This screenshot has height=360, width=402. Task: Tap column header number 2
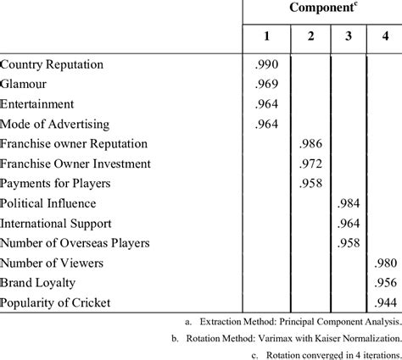coord(310,38)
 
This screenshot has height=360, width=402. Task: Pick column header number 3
coord(348,38)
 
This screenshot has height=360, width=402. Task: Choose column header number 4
coord(383,38)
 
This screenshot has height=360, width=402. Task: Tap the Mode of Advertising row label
coord(61,124)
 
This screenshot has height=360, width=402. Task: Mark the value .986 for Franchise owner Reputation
coord(311,143)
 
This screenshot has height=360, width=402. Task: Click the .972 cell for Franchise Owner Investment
coord(311,163)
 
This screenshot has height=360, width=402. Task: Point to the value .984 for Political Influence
coord(349,203)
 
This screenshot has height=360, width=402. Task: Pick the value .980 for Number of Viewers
coord(384,263)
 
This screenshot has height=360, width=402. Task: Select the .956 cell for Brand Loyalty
coord(384,283)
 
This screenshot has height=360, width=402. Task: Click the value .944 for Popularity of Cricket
coord(384,302)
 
